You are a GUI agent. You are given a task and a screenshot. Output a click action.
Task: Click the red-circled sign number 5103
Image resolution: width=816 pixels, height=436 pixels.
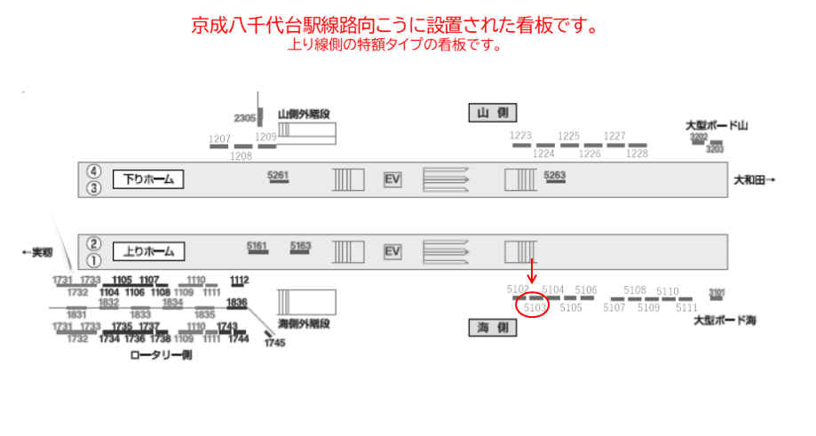pos(535,307)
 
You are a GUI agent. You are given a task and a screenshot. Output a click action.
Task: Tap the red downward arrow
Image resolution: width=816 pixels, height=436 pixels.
pos(532,271)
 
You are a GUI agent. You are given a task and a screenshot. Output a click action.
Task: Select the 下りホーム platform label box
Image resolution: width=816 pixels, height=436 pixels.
pos(147,179)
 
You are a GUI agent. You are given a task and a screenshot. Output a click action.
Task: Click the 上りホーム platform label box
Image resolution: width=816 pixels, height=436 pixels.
pos(147,251)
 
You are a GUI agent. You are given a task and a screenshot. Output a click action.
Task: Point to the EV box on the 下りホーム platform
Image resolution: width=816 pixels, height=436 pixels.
pos(392,179)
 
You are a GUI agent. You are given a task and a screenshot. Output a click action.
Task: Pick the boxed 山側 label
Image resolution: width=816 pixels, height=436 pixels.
pos(492,113)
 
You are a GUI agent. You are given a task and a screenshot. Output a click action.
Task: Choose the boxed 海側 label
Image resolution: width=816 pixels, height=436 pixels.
pos(492,329)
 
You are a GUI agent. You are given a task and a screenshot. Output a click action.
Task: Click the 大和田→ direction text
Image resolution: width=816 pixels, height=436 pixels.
pos(755,180)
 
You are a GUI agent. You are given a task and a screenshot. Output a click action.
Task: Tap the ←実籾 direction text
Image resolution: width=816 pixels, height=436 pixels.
pos(37,252)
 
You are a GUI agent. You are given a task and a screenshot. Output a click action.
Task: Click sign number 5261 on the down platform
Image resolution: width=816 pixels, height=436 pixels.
pos(278,175)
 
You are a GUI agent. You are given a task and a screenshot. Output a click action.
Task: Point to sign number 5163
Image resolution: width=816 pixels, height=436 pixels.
pos(301,246)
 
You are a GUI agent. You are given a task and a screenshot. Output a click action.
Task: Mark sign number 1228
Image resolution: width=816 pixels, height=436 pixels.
pos(638,154)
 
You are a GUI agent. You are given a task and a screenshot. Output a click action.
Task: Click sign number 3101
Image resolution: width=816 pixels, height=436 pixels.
pos(717,292)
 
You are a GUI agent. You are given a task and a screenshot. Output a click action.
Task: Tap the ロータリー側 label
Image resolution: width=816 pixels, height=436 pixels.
pos(161,354)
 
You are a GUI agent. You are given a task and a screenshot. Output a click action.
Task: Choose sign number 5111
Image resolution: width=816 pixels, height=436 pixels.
pos(686,307)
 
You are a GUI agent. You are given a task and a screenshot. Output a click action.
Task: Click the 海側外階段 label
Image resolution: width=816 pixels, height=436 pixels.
pos(305,322)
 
